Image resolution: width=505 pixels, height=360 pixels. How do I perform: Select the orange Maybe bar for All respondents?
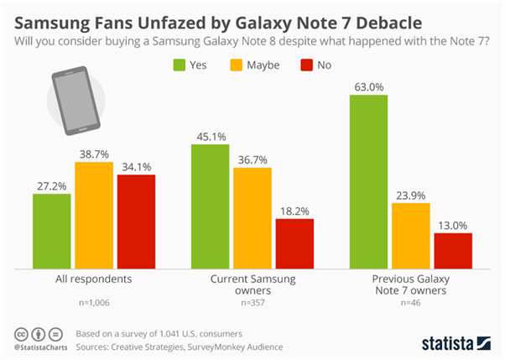[x=94, y=215]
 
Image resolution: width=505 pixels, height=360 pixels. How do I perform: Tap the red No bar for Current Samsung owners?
[x=294, y=243]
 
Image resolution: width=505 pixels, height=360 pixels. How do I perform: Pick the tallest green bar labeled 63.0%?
[x=369, y=181]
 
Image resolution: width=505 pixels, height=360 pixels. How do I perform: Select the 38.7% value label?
[x=94, y=154]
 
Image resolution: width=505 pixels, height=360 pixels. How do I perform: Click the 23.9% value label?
[x=411, y=194]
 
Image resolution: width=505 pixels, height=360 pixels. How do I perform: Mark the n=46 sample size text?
[x=411, y=302]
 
